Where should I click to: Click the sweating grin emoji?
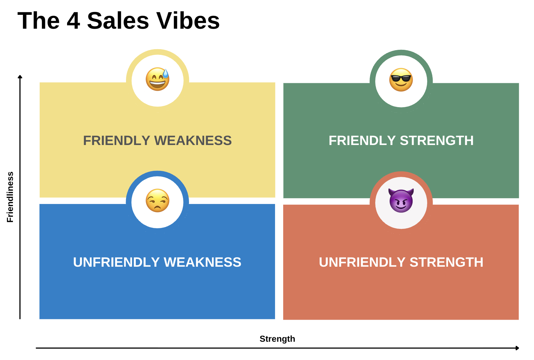158,79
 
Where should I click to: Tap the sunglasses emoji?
401,80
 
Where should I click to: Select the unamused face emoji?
158,200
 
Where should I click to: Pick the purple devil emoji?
401,200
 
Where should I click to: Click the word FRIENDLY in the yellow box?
117,141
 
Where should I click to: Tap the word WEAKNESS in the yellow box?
193,141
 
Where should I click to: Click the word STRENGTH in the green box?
437,141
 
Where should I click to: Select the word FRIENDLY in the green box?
362,141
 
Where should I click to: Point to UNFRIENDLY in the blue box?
116,262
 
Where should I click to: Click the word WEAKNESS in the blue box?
203,262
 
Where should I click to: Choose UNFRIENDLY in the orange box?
362,262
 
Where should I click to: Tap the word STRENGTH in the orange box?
446,262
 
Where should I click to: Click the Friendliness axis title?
10,197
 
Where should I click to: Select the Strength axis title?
277,339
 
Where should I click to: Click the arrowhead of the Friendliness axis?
20,77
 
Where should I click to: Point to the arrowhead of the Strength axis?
517,348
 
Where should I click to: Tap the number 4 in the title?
73,21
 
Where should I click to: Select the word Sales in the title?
118,21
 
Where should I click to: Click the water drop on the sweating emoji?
166,73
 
